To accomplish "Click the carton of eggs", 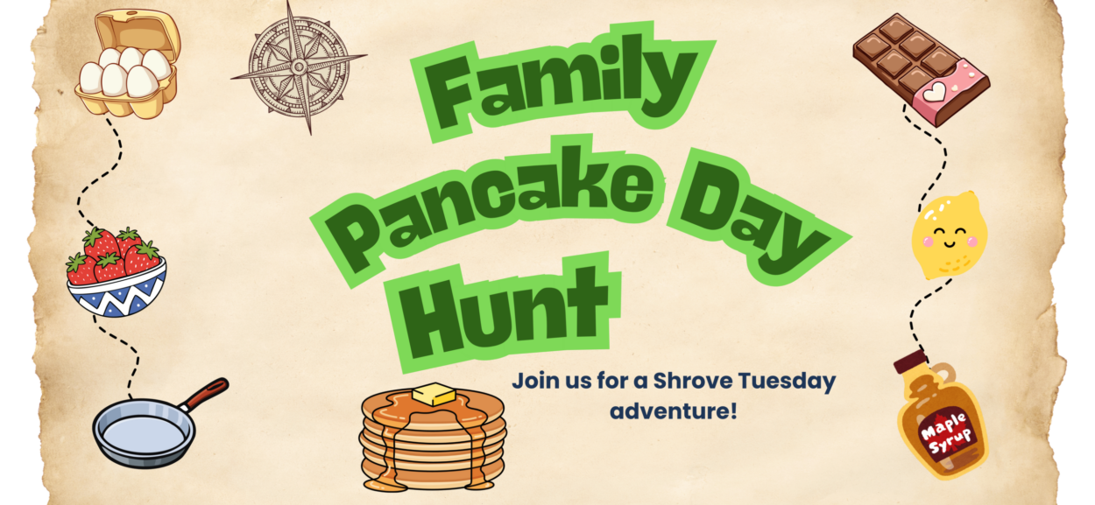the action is (128, 64).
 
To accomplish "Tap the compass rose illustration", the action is (299, 67).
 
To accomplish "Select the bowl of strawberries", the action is (117, 271).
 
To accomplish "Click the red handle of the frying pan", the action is (208, 393).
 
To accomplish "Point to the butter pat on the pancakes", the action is (434, 394).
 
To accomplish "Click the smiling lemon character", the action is (950, 235).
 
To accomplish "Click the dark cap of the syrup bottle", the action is (910, 361).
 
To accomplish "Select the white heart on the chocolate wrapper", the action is (934, 91).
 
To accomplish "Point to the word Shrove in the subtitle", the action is (693, 381).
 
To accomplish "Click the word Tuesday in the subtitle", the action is (787, 382).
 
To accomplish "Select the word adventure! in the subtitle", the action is (673, 410).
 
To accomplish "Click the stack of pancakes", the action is (433, 438).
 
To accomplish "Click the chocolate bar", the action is (922, 70).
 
